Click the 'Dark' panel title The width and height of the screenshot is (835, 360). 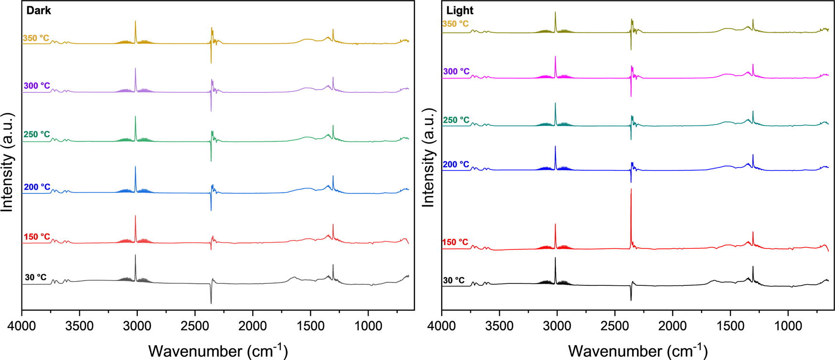[x=38, y=11]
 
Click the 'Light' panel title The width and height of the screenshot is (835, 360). [x=459, y=11]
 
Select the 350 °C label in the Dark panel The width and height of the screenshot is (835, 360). [x=36, y=38]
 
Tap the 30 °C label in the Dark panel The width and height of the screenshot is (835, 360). [x=36, y=278]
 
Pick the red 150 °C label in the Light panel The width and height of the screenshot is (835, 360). [x=456, y=242]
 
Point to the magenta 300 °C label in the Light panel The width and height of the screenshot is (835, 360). [x=456, y=71]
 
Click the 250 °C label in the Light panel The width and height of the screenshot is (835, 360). [x=456, y=120]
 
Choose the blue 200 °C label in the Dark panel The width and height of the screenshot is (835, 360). [x=37, y=187]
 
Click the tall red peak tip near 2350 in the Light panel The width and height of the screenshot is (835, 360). [x=631, y=190]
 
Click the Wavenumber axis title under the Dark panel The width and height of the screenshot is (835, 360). [x=218, y=351]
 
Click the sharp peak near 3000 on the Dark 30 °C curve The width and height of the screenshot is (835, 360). [x=135, y=256]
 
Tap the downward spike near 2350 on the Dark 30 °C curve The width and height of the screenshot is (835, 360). [x=211, y=303]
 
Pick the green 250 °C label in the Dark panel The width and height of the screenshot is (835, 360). [x=36, y=135]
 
